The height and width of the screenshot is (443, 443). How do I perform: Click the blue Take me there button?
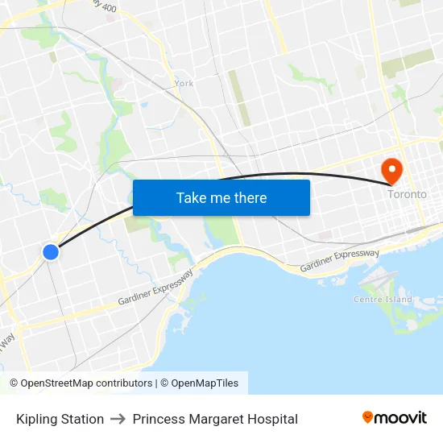point(221,197)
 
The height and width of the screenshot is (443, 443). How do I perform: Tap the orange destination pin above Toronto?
point(391,169)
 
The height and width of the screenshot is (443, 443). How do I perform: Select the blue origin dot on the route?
point(51,252)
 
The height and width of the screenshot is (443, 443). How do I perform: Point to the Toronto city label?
point(407,194)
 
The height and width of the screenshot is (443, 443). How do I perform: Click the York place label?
point(184,83)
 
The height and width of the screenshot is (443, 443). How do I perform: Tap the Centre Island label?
point(383,300)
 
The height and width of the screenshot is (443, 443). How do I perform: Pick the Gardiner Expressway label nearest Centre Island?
point(339,260)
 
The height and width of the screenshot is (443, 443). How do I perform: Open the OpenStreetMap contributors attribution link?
point(86,383)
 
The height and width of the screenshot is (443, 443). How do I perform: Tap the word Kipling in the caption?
point(37,419)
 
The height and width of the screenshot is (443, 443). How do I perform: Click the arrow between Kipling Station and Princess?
point(118,419)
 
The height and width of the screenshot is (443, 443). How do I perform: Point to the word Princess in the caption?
point(159,419)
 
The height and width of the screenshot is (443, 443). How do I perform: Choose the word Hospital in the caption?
point(272,419)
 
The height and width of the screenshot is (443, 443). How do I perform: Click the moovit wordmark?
point(401,417)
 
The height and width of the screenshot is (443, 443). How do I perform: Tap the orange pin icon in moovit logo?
point(368,417)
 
